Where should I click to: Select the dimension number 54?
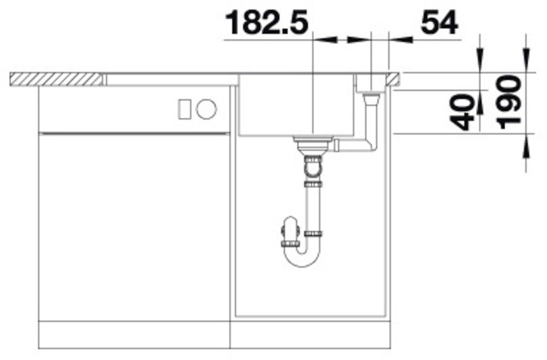(439, 23)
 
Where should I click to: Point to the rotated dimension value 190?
(509, 102)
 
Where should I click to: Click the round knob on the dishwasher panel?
(207, 108)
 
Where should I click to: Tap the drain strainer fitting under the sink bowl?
(312, 145)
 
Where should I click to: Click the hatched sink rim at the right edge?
(393, 78)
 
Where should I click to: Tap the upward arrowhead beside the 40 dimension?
(480, 125)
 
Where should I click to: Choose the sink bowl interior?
(296, 105)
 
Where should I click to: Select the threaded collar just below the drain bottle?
(312, 184)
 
